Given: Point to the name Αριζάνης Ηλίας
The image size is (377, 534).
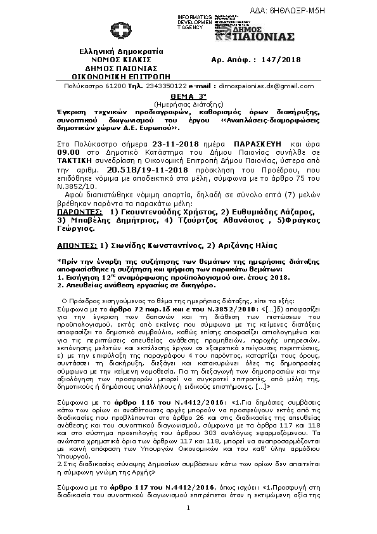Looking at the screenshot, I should [253, 226].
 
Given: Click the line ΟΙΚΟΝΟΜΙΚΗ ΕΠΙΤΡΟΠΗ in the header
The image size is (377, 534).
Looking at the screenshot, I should [117, 75].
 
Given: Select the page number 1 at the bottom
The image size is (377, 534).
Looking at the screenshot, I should [188, 508].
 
